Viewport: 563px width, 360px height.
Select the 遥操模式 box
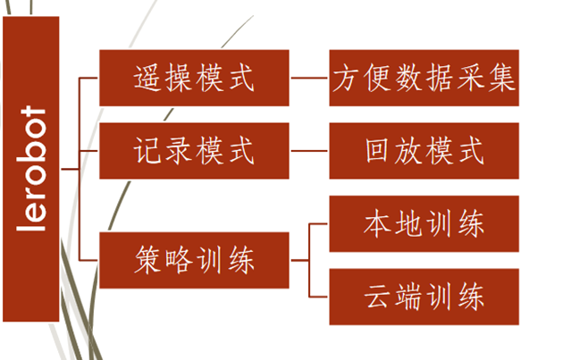coord(194,79)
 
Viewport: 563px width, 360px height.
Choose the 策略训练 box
coord(194,261)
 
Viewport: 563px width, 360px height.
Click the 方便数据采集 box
coord(424,79)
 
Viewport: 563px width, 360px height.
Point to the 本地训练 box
coord(424,224)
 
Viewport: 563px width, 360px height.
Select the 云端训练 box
coord(424,296)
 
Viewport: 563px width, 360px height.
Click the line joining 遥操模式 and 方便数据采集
coord(309,79)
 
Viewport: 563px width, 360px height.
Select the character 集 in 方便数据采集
coord(501,79)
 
